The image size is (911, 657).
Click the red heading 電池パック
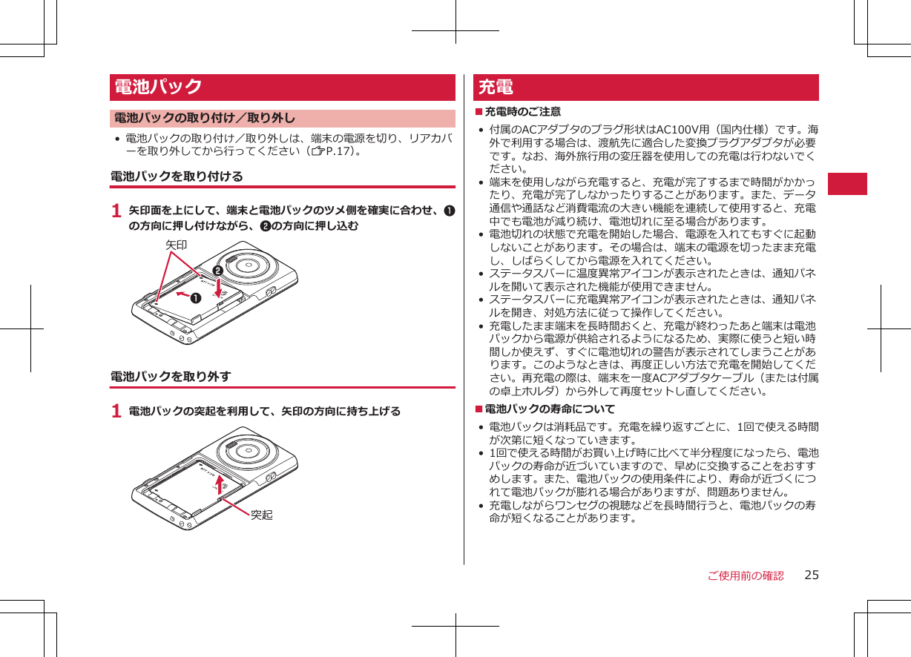point(158,87)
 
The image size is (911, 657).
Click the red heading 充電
point(496,87)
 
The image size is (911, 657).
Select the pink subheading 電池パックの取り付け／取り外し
point(204,118)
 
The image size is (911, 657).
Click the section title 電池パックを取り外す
point(170,377)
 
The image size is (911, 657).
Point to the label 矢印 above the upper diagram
point(176,244)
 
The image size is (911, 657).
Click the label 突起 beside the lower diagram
point(261,515)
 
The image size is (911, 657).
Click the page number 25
point(812,575)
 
